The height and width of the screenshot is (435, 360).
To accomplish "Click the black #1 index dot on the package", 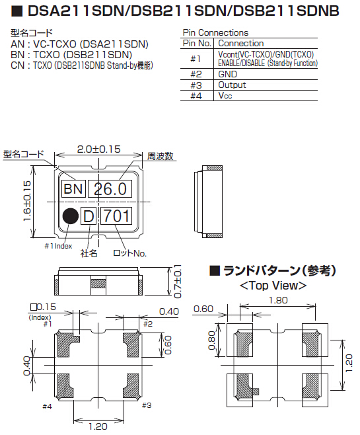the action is coord(71,216).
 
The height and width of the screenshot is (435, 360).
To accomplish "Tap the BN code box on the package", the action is coord(73,188).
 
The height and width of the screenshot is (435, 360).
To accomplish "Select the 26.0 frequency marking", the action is coord(110,188).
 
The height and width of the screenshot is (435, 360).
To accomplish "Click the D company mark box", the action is coord(89,216).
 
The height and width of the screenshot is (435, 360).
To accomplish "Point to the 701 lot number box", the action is coord(116,216).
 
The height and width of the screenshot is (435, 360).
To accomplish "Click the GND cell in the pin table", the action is coord(227,74).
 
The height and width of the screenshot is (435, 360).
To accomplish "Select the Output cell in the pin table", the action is coord(232,85).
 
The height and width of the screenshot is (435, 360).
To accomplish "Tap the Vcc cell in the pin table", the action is coord(225,95).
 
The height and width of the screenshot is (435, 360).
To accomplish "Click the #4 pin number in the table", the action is coord(196,96).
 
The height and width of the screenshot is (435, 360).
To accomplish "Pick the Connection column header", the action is coord(241,43).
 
